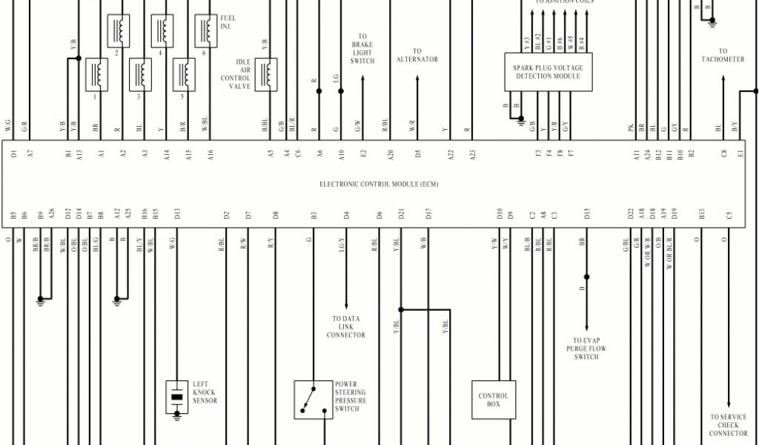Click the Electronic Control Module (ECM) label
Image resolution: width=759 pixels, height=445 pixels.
pos(379,184)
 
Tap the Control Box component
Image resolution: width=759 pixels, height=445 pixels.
pos(493,400)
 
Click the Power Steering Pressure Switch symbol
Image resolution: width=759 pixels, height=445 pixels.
pos(313,399)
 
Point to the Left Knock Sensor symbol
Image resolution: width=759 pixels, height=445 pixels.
pos(176,398)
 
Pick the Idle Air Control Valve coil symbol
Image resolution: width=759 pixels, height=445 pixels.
pos(265,74)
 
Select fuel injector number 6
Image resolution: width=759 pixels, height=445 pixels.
pos(205,30)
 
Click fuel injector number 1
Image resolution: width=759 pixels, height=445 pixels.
pos(96,74)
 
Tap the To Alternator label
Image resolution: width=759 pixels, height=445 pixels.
pos(417,56)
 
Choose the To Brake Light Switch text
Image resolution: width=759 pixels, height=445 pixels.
pos(362,48)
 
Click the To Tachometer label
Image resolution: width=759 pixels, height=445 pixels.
pos(722,56)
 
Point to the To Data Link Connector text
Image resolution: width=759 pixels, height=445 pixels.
pos(346,327)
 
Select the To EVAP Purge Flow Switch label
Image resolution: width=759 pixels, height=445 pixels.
pos(586,349)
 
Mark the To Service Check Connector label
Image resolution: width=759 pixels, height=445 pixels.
pos(728,426)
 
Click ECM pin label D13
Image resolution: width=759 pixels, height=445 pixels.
pos(177,214)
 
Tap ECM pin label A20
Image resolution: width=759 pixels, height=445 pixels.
pos(390,154)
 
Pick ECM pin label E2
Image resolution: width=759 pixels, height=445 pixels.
pos(363,154)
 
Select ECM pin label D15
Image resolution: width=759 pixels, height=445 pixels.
pos(586,214)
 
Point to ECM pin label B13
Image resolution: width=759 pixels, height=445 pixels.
pos(701,214)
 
